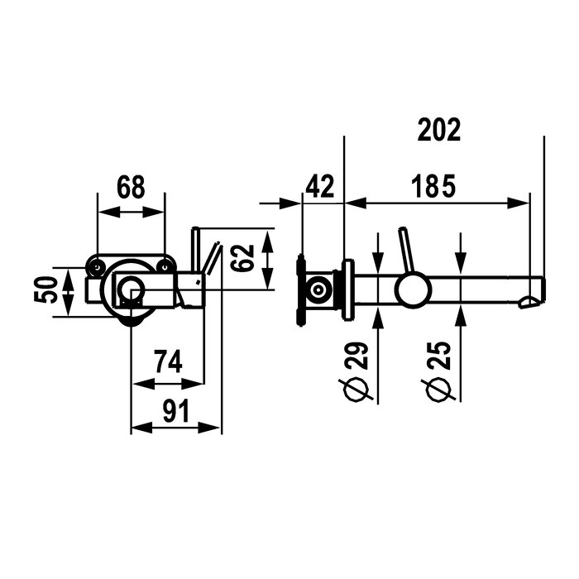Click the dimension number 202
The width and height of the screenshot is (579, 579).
click(439, 130)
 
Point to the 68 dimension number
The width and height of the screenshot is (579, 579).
click(131, 187)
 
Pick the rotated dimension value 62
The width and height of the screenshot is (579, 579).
click(243, 258)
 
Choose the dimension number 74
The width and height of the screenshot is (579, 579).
click(168, 362)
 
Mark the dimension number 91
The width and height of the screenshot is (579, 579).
click(175, 410)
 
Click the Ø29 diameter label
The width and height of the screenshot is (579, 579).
click(357, 372)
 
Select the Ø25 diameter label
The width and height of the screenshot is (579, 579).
click(440, 372)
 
